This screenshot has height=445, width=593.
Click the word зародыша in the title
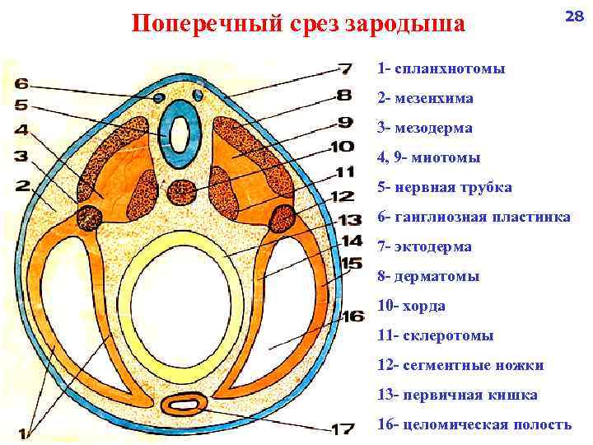(405, 24)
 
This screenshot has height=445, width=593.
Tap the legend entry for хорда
(411, 306)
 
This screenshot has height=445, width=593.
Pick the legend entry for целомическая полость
(474, 424)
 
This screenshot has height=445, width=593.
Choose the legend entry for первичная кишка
(457, 395)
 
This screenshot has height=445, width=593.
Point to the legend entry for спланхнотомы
(441, 68)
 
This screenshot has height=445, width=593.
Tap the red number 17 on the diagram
(343, 429)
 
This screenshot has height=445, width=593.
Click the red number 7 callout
(344, 69)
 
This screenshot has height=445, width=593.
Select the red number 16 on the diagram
(353, 316)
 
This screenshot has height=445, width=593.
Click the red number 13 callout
(350, 219)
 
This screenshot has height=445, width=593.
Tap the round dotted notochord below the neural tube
(181, 192)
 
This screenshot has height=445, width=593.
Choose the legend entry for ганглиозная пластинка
(474, 217)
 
